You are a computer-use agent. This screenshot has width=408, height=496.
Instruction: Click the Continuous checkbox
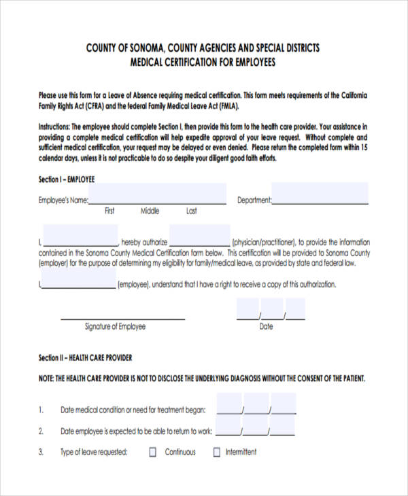pos(153,452)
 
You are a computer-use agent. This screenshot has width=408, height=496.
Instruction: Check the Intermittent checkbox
pos(218,452)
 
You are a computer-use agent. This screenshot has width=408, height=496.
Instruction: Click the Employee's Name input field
pos(157,195)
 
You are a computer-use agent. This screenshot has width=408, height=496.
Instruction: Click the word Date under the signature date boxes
pos(267,327)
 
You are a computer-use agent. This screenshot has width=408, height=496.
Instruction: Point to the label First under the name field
pos(109,211)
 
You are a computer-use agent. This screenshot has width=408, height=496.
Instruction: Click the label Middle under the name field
pos(150,211)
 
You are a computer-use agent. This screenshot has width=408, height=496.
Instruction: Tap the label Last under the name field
pos(192,211)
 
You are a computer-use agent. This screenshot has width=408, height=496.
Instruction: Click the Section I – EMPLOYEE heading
pos(67,179)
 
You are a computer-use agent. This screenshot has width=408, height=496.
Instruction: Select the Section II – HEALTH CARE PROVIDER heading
pos(86,358)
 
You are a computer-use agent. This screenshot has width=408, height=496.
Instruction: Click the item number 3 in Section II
pos(41,452)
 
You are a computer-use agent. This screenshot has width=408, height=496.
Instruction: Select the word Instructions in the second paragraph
pos(54,127)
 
